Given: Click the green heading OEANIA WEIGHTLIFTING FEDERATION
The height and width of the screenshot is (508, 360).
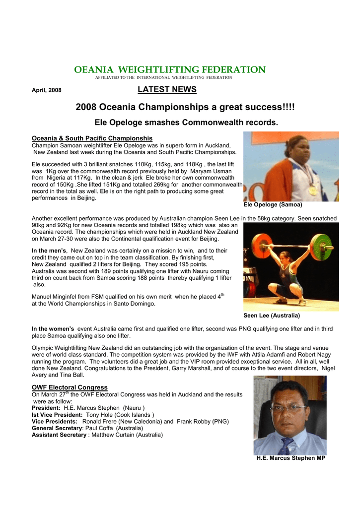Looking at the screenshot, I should click(x=170, y=70).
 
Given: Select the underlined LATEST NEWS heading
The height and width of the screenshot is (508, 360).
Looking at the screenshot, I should click(x=167, y=90).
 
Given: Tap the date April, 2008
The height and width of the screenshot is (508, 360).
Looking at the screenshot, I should click(x=47, y=90).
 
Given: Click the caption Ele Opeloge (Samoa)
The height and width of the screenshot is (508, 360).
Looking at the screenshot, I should click(x=273, y=204).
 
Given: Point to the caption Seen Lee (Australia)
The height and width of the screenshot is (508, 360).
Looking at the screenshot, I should click(x=272, y=316).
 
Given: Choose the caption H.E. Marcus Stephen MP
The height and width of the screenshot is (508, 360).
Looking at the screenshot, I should click(x=290, y=458).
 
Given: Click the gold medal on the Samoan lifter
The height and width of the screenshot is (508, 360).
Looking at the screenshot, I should click(x=312, y=190).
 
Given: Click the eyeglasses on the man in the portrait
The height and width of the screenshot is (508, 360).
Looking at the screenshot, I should click(x=288, y=408).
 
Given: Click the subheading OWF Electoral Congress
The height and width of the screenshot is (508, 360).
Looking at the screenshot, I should click(x=70, y=387).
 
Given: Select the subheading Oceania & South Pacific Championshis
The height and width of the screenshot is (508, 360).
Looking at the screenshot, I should click(x=92, y=138).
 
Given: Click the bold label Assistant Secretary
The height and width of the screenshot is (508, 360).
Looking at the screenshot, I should click(x=59, y=435).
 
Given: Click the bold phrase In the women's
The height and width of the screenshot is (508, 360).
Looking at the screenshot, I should click(x=53, y=329).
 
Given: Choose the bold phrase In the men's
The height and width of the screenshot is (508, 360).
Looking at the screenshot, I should click(x=49, y=251).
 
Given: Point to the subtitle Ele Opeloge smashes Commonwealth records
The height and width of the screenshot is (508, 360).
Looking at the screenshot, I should click(x=186, y=122).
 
